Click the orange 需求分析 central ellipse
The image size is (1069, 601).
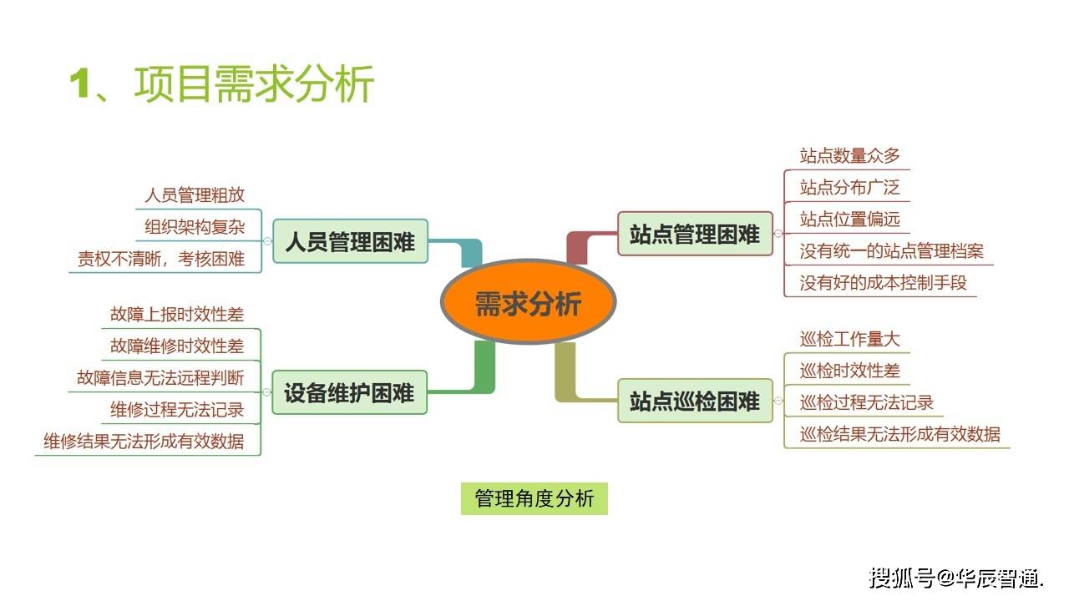tap(528, 302)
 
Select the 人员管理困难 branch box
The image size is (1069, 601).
tap(350, 242)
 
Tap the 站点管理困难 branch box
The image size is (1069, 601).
tap(695, 234)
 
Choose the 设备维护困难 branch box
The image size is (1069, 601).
tap(349, 392)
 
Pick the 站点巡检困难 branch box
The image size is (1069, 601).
tap(695, 401)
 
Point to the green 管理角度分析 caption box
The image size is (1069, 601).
tap(534, 498)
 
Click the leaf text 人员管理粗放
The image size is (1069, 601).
tap(195, 195)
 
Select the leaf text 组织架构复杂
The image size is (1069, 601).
tap(195, 227)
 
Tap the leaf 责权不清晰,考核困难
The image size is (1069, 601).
tap(161, 259)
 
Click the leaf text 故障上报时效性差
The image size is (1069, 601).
tap(177, 315)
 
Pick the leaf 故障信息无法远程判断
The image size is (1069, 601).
tap(160, 377)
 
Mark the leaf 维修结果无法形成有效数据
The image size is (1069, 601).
tap(144, 441)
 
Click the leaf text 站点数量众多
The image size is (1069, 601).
tap(849, 155)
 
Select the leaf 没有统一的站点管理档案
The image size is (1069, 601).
tap(891, 250)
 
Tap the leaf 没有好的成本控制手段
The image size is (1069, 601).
tap(883, 282)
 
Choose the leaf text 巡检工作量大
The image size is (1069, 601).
tap(849, 339)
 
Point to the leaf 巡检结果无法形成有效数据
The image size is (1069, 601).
tap(899, 434)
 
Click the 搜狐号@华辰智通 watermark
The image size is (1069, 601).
tap(956, 577)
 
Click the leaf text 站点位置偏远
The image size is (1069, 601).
tap(849, 219)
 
